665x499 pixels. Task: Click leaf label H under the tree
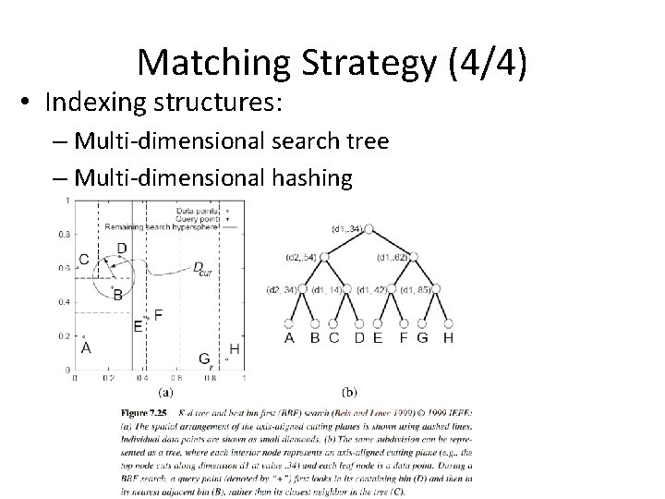[449, 338]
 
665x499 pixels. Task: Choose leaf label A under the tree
[289, 338]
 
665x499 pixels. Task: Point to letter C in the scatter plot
[84, 260]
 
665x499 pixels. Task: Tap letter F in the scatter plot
[159, 315]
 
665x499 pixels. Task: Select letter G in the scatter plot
[205, 359]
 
